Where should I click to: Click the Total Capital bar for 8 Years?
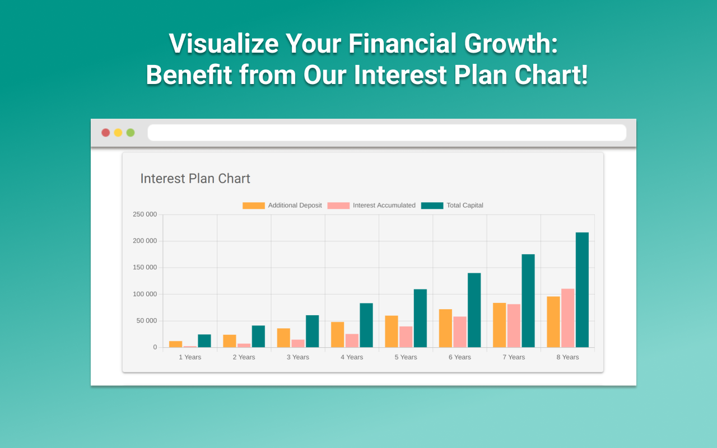click(582, 290)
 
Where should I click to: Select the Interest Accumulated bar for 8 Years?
click(567, 318)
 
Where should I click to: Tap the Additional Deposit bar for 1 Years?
click(175, 344)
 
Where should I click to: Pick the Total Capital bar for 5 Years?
click(420, 318)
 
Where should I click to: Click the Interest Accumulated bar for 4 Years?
click(352, 340)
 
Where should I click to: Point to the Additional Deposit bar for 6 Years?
click(445, 328)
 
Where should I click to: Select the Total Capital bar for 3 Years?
click(312, 331)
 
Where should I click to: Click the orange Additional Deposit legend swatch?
click(254, 206)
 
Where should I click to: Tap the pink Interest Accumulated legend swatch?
click(338, 206)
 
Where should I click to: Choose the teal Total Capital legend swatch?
click(432, 206)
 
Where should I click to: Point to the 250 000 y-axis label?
click(145, 214)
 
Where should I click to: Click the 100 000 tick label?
click(145, 294)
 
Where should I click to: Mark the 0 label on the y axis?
click(155, 347)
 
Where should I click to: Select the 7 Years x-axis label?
click(514, 357)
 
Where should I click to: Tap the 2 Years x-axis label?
click(244, 357)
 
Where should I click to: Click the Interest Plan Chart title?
click(195, 179)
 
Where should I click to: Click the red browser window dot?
click(106, 133)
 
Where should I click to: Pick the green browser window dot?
click(131, 133)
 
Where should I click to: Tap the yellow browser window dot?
click(118, 133)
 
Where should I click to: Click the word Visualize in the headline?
click(224, 43)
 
